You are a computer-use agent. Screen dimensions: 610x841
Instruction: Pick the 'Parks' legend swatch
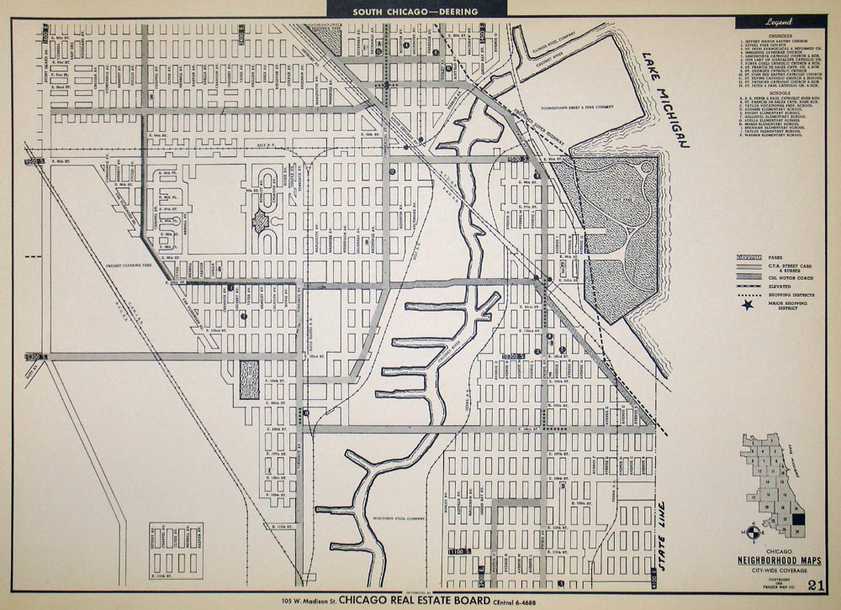(748, 256)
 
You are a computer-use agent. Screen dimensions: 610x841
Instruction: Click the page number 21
(815, 585)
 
